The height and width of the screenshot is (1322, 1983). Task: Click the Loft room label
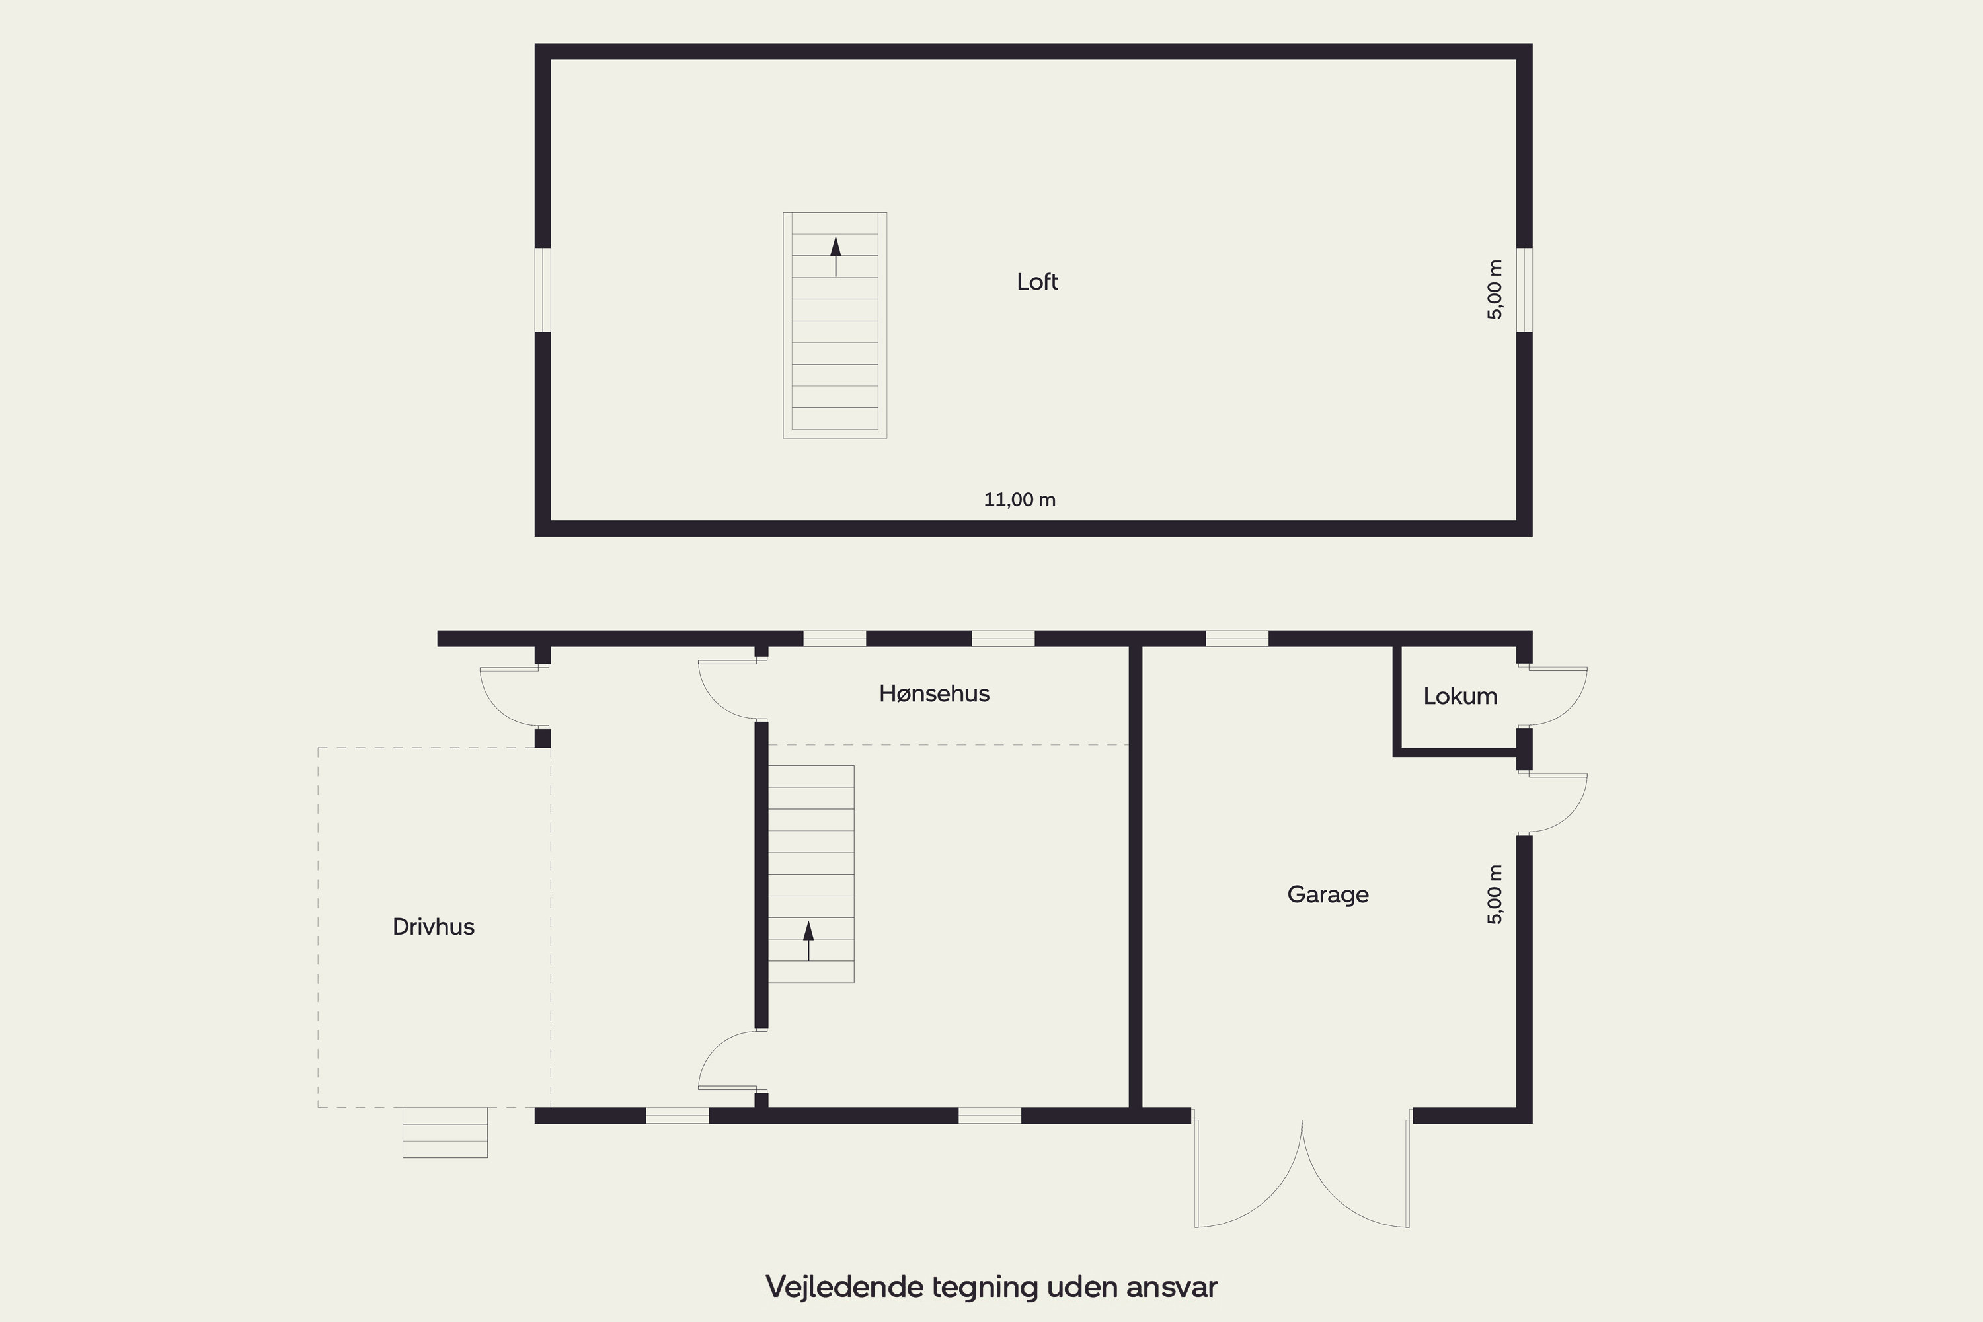tap(1037, 282)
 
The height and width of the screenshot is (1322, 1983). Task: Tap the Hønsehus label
tap(934, 694)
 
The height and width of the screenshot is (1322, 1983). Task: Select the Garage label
tap(1328, 894)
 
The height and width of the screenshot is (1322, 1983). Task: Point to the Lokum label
tap(1460, 697)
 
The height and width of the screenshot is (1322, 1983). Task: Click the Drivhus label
tap(434, 927)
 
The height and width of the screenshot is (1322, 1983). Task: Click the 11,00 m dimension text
tap(1019, 500)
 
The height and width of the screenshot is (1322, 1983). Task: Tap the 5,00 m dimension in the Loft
tap(1495, 290)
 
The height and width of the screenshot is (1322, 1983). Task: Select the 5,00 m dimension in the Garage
tap(1495, 894)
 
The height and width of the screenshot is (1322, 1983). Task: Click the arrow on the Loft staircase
tap(836, 256)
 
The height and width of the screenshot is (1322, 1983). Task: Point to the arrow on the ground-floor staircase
tap(808, 941)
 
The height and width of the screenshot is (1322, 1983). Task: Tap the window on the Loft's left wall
tap(543, 290)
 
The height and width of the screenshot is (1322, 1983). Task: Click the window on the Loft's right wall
tap(1524, 290)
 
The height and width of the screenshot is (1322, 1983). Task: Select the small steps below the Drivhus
tap(445, 1132)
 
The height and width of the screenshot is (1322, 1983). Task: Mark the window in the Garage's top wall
tap(1237, 639)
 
